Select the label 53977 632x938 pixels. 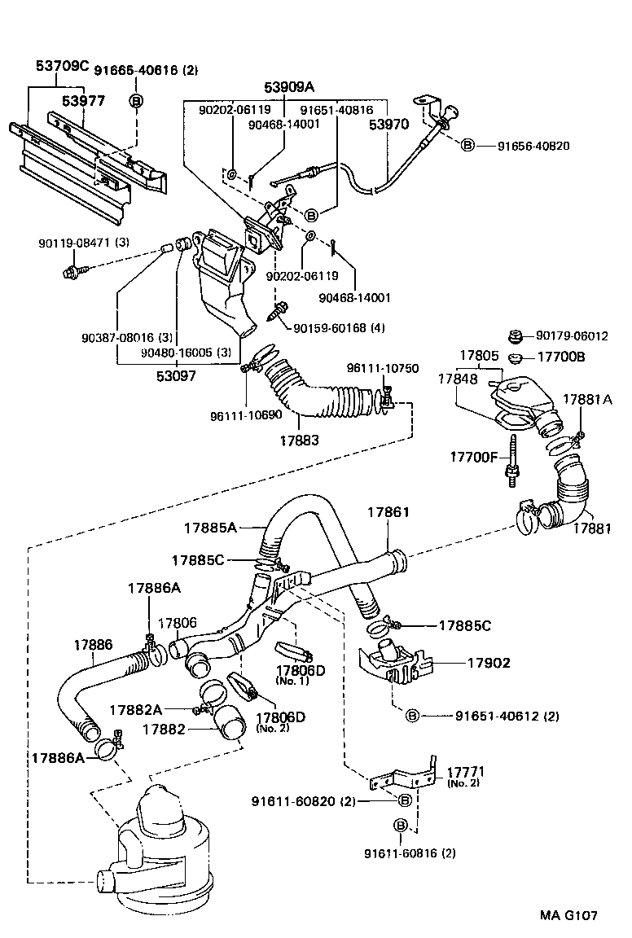(x=86, y=100)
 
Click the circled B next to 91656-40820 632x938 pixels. (x=467, y=145)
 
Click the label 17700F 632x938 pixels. (x=474, y=457)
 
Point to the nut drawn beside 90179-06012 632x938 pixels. (x=515, y=335)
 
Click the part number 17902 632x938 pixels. (x=489, y=663)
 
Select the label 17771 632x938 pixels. (x=463, y=770)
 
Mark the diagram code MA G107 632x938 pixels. (x=568, y=915)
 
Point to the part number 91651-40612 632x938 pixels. (x=494, y=716)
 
